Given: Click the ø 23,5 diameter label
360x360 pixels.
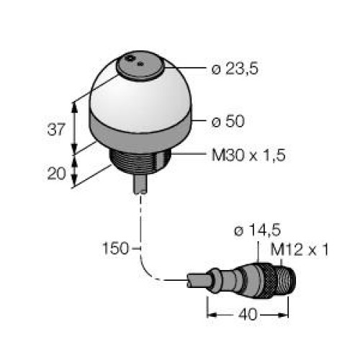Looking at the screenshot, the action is tap(235, 69).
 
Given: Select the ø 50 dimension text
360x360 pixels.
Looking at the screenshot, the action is tap(228, 121).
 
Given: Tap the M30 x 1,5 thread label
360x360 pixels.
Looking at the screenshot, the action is tap(248, 155).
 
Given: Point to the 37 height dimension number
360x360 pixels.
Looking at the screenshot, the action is tap(56, 130).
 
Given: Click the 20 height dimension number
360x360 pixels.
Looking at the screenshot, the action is tap(56, 174).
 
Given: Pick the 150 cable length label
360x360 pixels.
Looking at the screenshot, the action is tap(116, 248).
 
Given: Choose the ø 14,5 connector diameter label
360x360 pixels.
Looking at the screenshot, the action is tap(257, 230).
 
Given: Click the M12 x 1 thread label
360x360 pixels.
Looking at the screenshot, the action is tap(299, 250).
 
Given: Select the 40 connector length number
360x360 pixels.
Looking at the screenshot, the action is tap(248, 314).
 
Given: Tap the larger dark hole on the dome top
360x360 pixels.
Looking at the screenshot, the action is tap(130, 58).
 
